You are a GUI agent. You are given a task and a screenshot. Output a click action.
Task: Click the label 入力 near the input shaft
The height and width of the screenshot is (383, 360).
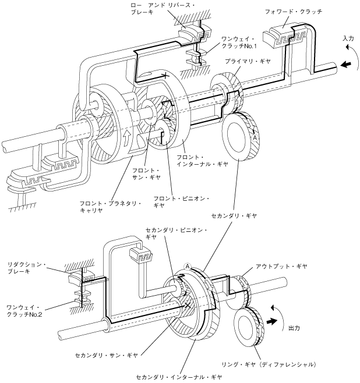pyautogui.click(x=348, y=38)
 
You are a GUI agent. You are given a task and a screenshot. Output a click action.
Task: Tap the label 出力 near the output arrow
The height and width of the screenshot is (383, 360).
pyautogui.click(x=295, y=328)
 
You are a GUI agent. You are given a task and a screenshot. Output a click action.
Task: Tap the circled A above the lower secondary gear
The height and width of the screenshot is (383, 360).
pyautogui.click(x=188, y=267)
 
